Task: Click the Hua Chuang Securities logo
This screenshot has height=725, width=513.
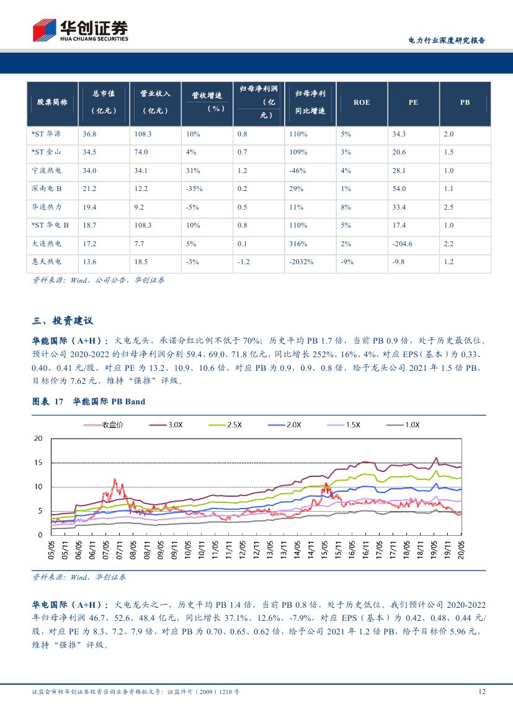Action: point(80,29)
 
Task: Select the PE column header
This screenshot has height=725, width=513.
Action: point(413,102)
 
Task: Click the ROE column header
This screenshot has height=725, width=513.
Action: point(362,102)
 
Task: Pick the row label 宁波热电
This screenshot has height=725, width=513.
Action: point(47,171)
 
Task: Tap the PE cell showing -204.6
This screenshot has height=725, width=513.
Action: point(403,244)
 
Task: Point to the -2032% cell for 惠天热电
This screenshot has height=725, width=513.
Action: point(301,262)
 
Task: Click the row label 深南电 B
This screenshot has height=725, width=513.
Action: point(47,189)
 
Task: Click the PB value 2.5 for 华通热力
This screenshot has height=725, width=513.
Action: point(449,207)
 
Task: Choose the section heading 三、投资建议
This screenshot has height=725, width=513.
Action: point(62,321)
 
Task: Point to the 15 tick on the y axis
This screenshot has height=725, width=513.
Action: point(38,463)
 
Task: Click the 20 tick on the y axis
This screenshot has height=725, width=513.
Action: point(38,438)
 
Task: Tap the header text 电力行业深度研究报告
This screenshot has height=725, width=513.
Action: point(446,40)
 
